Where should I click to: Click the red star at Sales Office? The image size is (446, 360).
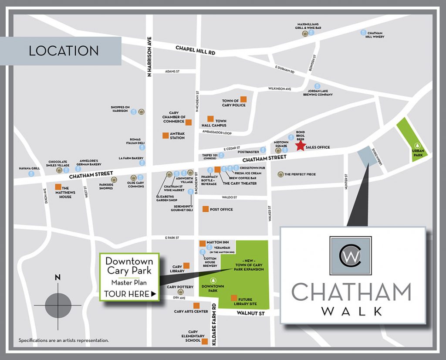301,147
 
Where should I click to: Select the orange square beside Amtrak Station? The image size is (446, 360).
166,135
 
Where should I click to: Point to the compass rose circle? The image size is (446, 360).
57,305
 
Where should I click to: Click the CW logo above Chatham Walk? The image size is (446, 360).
351,258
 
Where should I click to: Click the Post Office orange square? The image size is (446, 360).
205,209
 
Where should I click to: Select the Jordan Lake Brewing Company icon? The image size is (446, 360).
318,86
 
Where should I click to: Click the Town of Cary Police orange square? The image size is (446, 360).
244,99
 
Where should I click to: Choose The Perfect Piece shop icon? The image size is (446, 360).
280,174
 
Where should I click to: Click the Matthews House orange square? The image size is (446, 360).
58,187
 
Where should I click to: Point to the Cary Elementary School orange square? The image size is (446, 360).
205,341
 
